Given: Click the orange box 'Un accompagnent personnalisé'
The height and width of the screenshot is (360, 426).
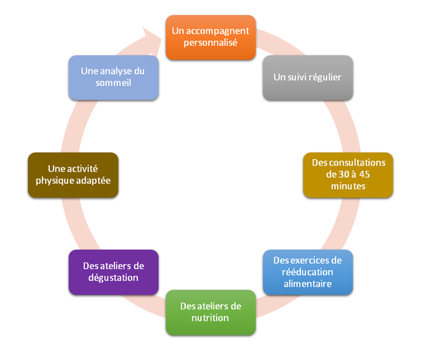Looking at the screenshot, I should [x=210, y=37].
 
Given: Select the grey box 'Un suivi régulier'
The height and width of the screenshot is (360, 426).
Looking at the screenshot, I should [x=308, y=77].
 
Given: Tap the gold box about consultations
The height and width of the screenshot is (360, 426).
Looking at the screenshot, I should [x=348, y=174].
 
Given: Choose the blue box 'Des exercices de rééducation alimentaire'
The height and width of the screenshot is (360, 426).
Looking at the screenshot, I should [x=308, y=272].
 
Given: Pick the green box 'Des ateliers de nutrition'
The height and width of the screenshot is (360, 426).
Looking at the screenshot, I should [x=210, y=312].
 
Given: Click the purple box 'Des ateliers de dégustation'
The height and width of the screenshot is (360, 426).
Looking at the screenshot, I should [x=113, y=272].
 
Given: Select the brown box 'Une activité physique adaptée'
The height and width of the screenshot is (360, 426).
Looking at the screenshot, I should [x=73, y=174].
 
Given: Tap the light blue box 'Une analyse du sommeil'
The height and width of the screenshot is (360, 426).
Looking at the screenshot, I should [x=113, y=77].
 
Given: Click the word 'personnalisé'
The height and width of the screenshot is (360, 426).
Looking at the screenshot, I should [x=210, y=43].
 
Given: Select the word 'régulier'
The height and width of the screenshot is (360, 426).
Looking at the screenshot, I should [x=325, y=77].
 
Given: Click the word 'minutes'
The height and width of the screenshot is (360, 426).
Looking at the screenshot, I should [x=348, y=186].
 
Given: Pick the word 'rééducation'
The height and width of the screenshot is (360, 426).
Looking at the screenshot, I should [x=308, y=272].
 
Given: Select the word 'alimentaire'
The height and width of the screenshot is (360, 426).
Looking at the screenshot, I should [x=308, y=283].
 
